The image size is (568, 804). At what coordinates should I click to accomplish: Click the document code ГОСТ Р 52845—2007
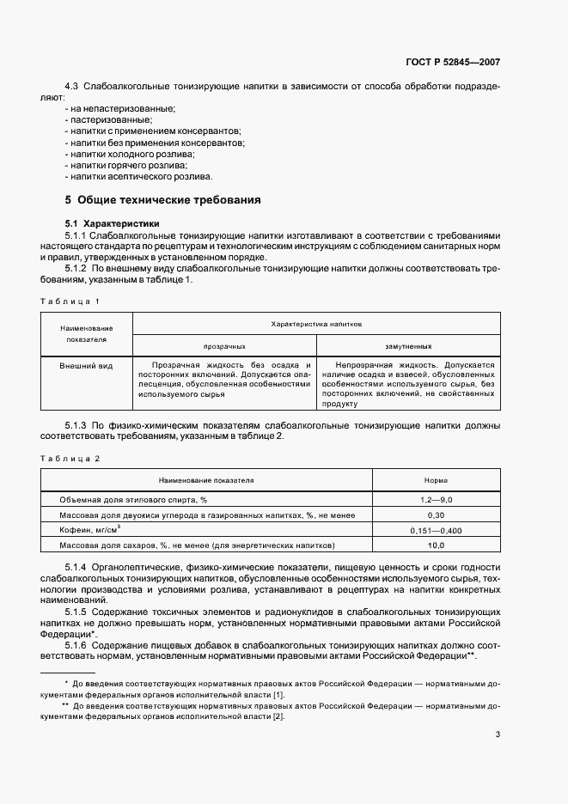click(454, 63)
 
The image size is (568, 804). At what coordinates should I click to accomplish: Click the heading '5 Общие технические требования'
click(163, 200)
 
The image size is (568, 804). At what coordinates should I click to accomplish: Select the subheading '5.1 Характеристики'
click(114, 223)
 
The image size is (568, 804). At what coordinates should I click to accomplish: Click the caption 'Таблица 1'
click(71, 301)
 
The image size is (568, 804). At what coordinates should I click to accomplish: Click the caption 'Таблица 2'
click(71, 459)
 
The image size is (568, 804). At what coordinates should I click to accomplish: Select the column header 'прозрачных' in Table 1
click(224, 346)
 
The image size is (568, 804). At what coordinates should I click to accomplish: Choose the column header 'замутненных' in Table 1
click(408, 346)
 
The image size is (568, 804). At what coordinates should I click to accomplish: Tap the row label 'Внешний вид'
click(86, 366)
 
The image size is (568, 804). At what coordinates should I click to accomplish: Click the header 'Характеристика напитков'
click(316, 325)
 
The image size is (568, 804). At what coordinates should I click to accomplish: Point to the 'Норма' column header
click(436, 481)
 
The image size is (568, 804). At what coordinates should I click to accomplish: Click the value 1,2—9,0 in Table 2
click(436, 499)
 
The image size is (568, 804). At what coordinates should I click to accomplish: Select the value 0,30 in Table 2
click(436, 515)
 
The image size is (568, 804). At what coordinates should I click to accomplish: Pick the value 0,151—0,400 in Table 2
click(436, 530)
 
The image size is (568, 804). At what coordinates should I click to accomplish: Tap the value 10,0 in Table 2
click(436, 545)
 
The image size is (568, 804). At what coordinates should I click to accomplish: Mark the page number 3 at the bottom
click(498, 734)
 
